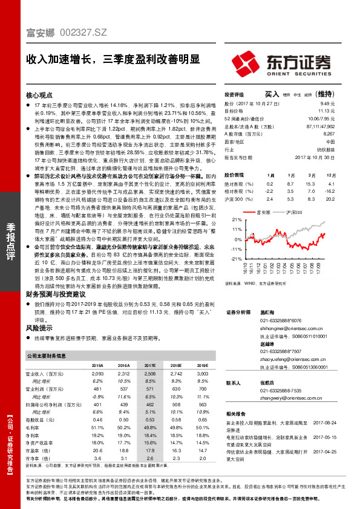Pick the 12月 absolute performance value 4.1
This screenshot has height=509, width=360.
pyautogui.click(x=330, y=183)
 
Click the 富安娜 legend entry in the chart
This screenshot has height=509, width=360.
pyautogui.click(x=262, y=213)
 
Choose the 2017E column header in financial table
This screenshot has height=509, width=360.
pyautogui.click(x=134, y=365)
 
